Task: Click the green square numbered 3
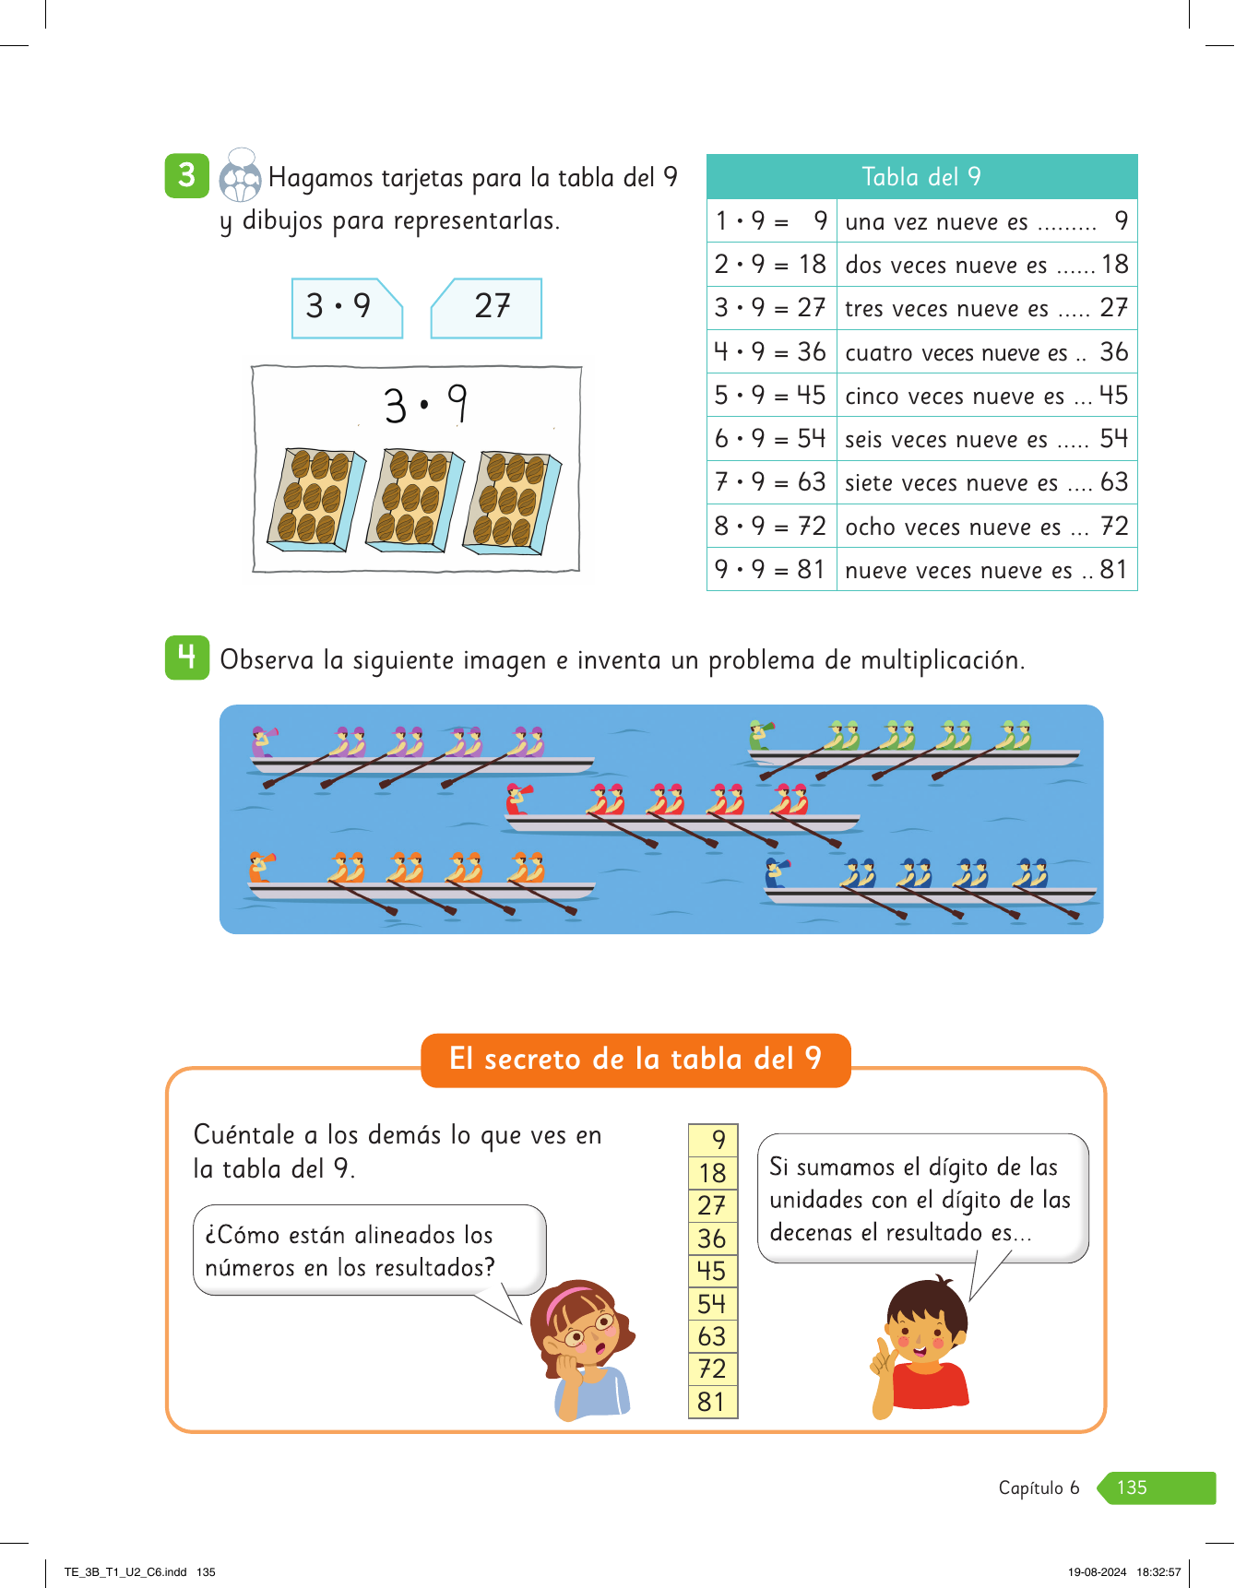pos(187,175)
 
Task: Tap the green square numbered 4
pos(187,658)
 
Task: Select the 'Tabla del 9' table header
pos(921,177)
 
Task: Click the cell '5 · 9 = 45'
pos(771,396)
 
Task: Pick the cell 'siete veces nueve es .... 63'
pos(986,482)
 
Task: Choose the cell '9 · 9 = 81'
pos(771,569)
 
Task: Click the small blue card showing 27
pos(488,307)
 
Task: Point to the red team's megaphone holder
pos(517,799)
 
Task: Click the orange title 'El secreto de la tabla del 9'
pos(635,1060)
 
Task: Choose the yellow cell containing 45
pos(712,1271)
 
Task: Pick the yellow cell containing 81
pos(712,1402)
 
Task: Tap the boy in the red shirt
pos(923,1346)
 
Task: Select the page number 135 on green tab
pos(1133,1487)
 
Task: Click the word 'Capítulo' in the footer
pos(1030,1487)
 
